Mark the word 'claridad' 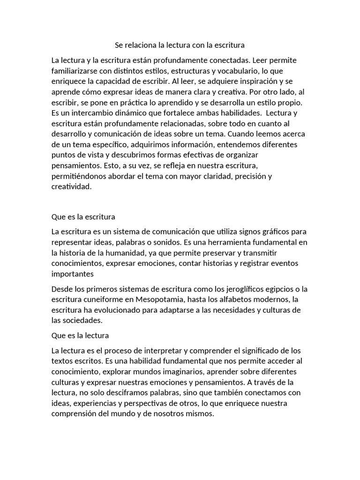213,176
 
